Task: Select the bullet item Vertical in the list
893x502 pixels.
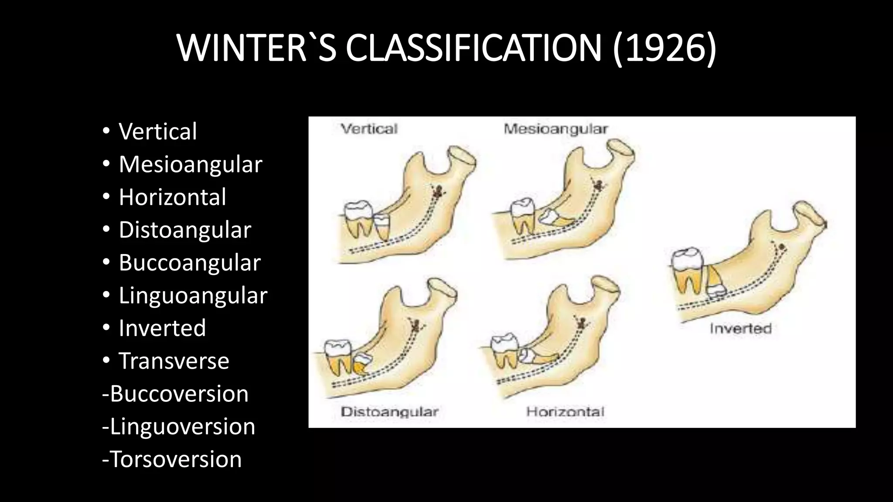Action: point(157,131)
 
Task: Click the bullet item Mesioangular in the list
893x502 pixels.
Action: point(190,164)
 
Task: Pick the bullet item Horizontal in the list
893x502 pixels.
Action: point(172,197)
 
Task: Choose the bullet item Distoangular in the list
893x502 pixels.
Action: point(184,230)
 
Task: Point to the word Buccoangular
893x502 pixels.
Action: point(189,263)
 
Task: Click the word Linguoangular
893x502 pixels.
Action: point(193,295)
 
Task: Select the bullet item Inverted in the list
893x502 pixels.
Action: point(162,328)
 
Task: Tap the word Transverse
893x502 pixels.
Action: point(174,361)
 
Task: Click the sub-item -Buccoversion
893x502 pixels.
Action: point(175,393)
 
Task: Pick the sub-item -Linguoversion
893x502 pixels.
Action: point(178,426)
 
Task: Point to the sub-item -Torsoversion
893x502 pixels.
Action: point(172,459)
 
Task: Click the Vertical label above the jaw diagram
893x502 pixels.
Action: point(369,129)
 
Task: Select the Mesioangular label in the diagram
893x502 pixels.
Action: point(556,129)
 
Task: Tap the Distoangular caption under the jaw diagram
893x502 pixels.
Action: point(389,412)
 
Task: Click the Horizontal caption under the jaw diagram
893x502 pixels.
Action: point(565,412)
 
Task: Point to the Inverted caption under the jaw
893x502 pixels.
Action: point(740,328)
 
